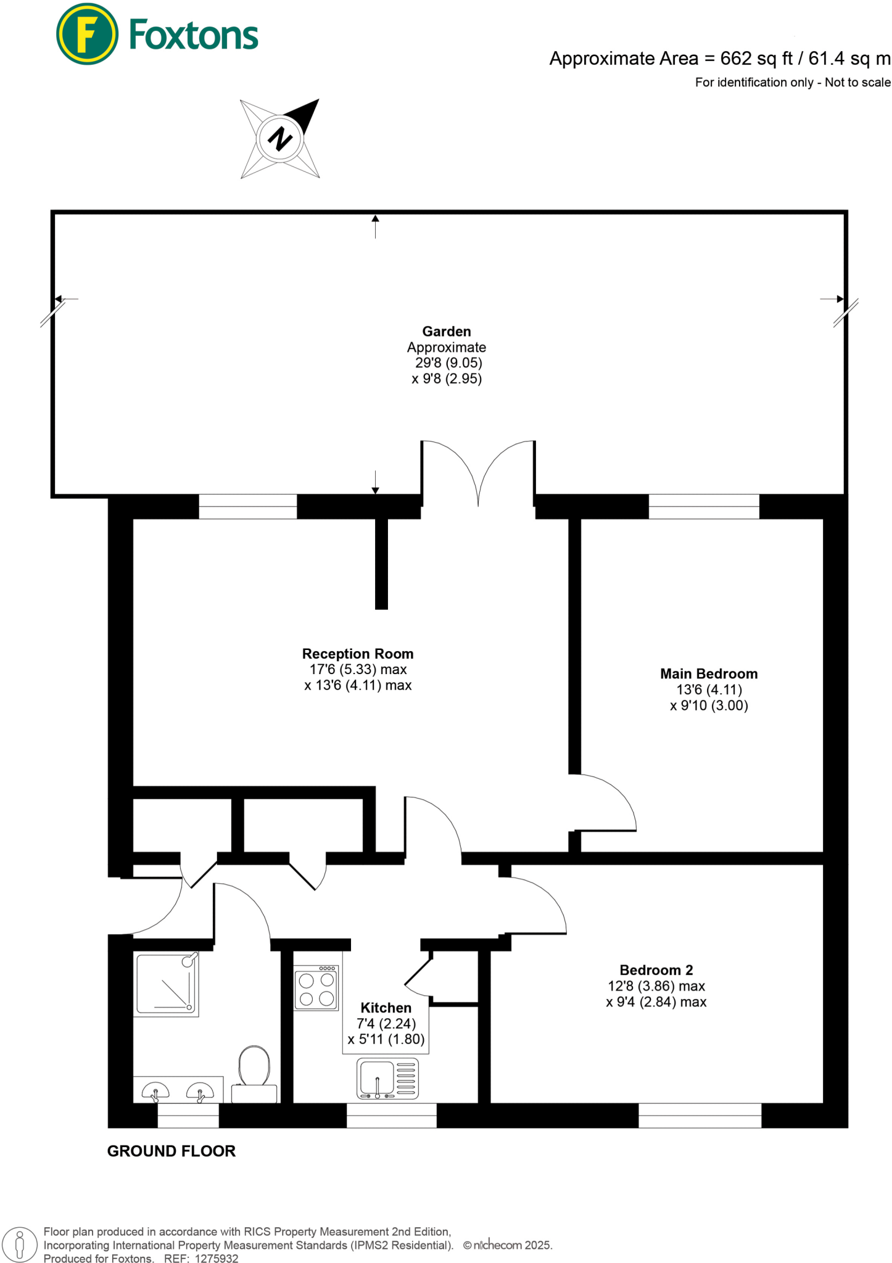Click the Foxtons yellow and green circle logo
87,34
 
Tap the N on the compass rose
280,138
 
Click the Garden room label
446,331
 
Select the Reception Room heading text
358,654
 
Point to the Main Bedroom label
709,673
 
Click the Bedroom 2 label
656,970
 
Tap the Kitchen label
386,1008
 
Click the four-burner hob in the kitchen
316,989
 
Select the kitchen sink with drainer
388,1079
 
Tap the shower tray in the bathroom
167,984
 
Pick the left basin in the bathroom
155,1092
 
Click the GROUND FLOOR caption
171,1151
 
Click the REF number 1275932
217,1259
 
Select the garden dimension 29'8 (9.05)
448,363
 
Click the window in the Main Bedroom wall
704,506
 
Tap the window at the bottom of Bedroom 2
700,1116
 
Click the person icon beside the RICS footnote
20,1244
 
